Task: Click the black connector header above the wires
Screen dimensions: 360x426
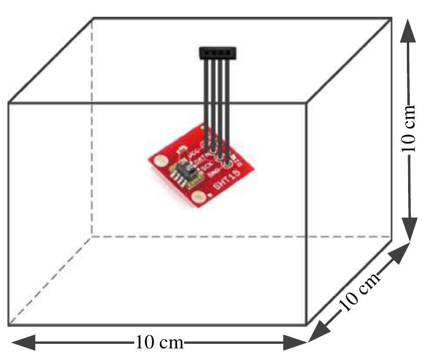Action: (219, 53)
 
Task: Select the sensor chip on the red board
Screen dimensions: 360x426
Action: (185, 171)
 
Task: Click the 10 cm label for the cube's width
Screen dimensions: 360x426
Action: (159, 343)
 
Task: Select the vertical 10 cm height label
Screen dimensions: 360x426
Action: (410, 128)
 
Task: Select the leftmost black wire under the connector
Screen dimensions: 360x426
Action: (206, 104)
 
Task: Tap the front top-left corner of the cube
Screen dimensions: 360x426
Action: (8, 104)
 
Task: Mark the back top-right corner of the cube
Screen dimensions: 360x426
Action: (392, 18)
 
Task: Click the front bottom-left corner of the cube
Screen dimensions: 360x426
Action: (8, 325)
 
